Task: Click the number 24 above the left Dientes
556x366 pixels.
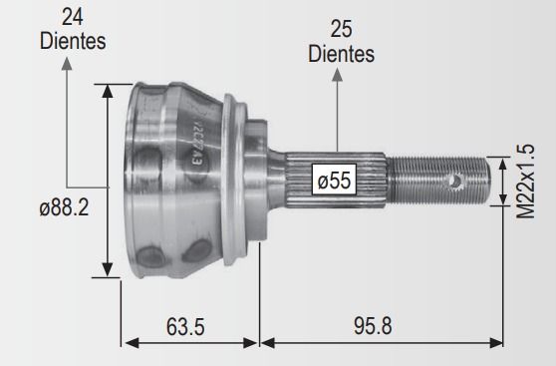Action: pyautogui.click(x=73, y=17)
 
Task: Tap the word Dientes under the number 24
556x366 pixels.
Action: pyautogui.click(x=73, y=41)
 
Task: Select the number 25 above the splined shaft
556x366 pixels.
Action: pyautogui.click(x=341, y=29)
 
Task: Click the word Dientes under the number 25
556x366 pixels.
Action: pyautogui.click(x=341, y=54)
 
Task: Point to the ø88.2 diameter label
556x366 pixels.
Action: pyautogui.click(x=64, y=207)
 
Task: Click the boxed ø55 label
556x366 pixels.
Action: pyautogui.click(x=334, y=180)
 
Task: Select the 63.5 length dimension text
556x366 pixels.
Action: pyautogui.click(x=185, y=326)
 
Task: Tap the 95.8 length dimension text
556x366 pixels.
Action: pyautogui.click(x=373, y=325)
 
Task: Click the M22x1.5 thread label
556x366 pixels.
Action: pyautogui.click(x=525, y=182)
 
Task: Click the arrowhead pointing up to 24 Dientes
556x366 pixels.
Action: pyautogui.click(x=67, y=64)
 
